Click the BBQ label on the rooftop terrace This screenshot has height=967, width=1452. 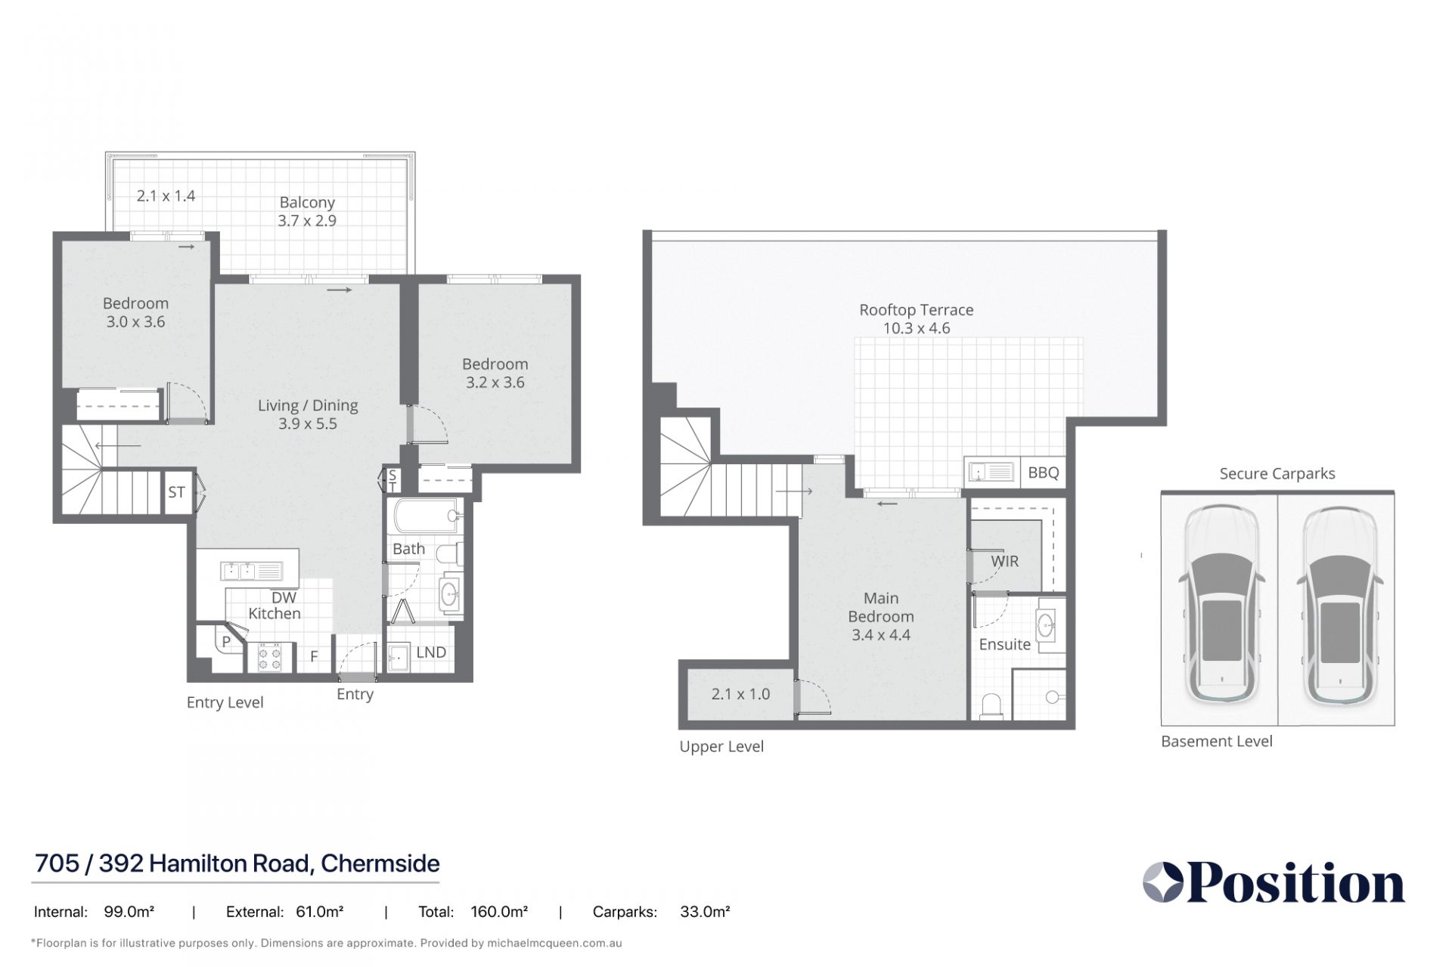point(1044,473)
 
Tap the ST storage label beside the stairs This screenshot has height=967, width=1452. point(176,493)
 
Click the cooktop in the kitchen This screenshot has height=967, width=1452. point(270,656)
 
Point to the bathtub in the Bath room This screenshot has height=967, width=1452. point(425,515)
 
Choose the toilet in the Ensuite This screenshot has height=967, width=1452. point(991,705)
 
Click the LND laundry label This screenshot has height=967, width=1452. point(431,652)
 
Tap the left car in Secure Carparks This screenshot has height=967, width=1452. point(1220,604)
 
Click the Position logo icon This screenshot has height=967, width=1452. point(1163,882)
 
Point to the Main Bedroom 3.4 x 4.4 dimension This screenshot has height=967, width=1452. point(881,635)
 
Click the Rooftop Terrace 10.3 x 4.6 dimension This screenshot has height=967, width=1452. point(917,328)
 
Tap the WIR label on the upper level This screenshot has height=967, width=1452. point(1005,562)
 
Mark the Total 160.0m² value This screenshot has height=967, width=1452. point(499,913)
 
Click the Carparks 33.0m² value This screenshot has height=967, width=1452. point(705,913)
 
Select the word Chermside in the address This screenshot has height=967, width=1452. point(380,863)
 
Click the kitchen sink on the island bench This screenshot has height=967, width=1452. point(251,571)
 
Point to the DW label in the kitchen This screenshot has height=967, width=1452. point(284,597)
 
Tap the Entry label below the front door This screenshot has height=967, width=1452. point(355,695)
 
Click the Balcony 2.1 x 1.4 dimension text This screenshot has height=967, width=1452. point(166,196)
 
